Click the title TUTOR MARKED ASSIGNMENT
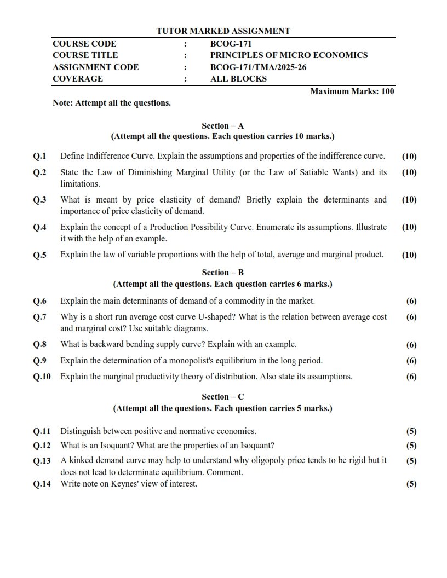tap(223, 31)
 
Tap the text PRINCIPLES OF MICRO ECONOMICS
tap(289, 55)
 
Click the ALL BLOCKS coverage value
tap(238, 79)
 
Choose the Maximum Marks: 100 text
tap(352, 91)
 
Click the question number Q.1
tap(40, 156)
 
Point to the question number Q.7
tap(40, 317)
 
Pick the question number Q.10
tap(42, 377)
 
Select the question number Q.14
tap(42, 484)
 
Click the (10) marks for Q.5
tap(409, 255)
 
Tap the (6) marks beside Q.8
tap(411, 345)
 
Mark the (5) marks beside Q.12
tap(411, 446)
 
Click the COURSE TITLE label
tap(85, 55)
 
